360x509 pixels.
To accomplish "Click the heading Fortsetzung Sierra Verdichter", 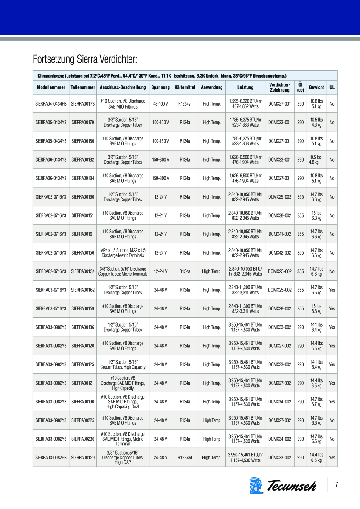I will click(85, 58).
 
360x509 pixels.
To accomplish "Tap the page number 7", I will click(337, 485).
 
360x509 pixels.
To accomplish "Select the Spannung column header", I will click(160, 87).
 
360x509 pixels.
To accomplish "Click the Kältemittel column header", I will click(185, 87).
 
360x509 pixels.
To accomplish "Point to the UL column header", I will click(332, 87).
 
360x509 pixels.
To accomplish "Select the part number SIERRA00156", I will click(83, 253).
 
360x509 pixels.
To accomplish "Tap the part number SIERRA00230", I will click(83, 439).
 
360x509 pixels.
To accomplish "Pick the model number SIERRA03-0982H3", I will click(51, 458).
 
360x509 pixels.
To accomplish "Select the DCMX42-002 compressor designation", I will click(280, 253).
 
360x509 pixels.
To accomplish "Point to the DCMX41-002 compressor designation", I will click(280, 234).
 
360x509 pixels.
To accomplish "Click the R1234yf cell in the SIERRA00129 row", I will click(185, 458).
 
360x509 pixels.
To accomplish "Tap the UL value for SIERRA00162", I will click(332, 290).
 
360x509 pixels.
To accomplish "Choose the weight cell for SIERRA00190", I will click(316, 402).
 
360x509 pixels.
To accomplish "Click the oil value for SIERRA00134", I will click(301, 271).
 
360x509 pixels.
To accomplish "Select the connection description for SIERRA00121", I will click(123, 383).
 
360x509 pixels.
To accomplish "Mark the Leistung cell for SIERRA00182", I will click(245, 160).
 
